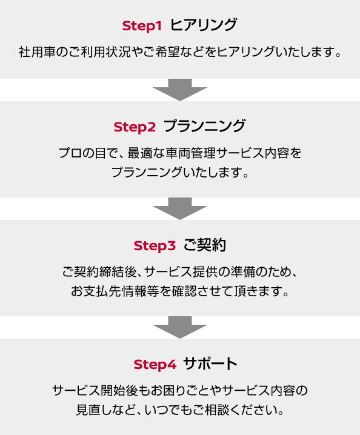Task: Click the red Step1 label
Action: (x=142, y=27)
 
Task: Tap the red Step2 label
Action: (x=135, y=127)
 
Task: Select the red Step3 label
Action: (x=155, y=246)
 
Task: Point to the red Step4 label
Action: (x=155, y=365)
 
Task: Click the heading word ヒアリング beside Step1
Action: (x=204, y=25)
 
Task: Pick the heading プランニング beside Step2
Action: (x=205, y=126)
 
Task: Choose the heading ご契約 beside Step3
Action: (x=205, y=245)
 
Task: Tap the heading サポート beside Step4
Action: (x=210, y=364)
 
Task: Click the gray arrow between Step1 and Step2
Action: (x=180, y=90)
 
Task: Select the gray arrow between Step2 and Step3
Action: (x=180, y=208)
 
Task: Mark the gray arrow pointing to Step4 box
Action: (x=180, y=327)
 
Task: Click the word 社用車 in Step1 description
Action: (x=37, y=52)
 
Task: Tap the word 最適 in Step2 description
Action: (x=140, y=153)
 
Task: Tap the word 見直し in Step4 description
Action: (x=95, y=410)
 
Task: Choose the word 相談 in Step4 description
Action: (x=217, y=410)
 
